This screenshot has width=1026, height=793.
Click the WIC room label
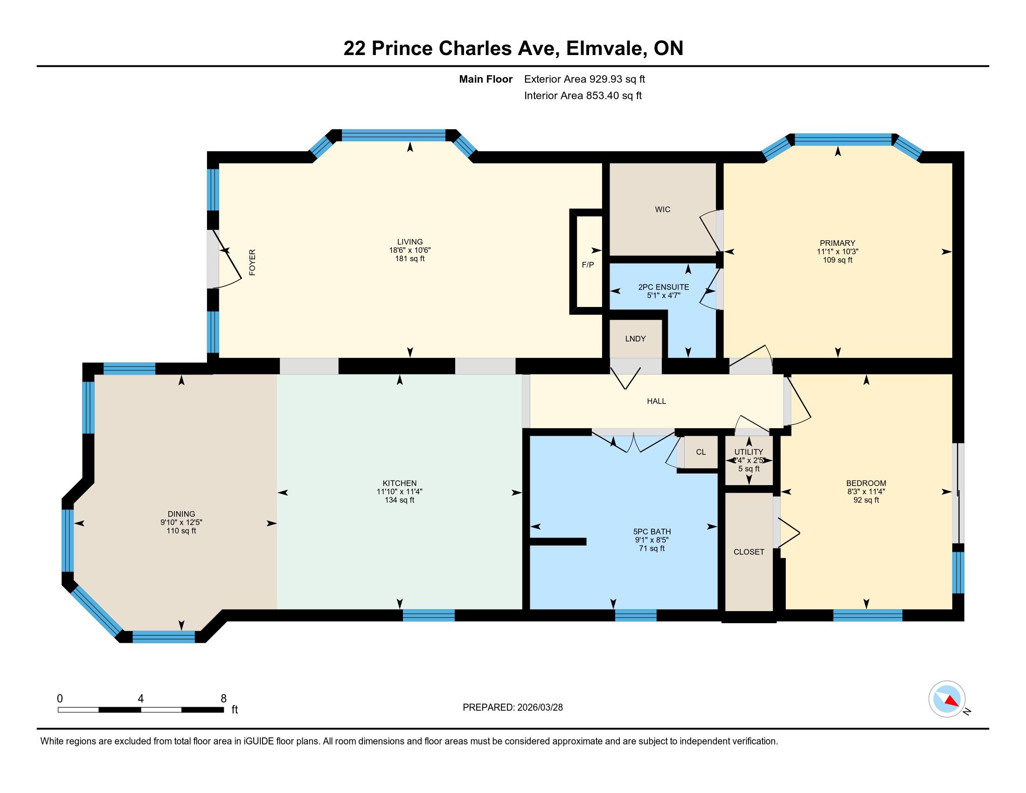pos(662,209)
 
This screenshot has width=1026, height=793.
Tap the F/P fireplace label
pos(588,265)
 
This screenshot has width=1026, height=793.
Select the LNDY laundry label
pos(635,339)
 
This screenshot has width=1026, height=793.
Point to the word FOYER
pos(252,263)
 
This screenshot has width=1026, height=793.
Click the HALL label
pos(656,401)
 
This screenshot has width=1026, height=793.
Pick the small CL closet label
pos(701,452)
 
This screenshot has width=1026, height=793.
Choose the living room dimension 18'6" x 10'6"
pos(410,250)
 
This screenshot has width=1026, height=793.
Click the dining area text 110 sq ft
pos(181,531)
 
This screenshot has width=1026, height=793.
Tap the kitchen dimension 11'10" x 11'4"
pos(399,492)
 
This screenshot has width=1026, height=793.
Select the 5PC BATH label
pos(652,532)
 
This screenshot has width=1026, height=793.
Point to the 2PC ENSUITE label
pos(663,287)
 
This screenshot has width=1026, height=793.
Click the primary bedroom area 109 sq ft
pos(838,260)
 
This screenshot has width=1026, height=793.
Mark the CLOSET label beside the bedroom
pos(749,552)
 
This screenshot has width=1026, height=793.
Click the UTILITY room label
pos(749,452)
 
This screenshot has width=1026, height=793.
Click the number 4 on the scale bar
pos(140,699)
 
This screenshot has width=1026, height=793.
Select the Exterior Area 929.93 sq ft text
pos(584,79)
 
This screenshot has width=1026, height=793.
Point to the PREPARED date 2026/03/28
pos(539,708)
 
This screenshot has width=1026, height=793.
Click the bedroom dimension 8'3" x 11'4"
pos(866,492)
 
